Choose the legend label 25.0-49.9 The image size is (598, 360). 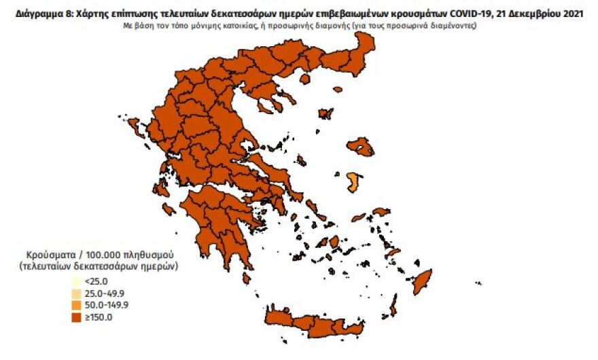click(x=105, y=293)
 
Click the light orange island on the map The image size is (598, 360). click(x=353, y=181)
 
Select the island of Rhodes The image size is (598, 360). click(x=423, y=280)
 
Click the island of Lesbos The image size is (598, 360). click(x=360, y=147)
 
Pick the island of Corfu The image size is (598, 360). click(x=134, y=126)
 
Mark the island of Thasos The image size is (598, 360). click(x=304, y=79)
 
